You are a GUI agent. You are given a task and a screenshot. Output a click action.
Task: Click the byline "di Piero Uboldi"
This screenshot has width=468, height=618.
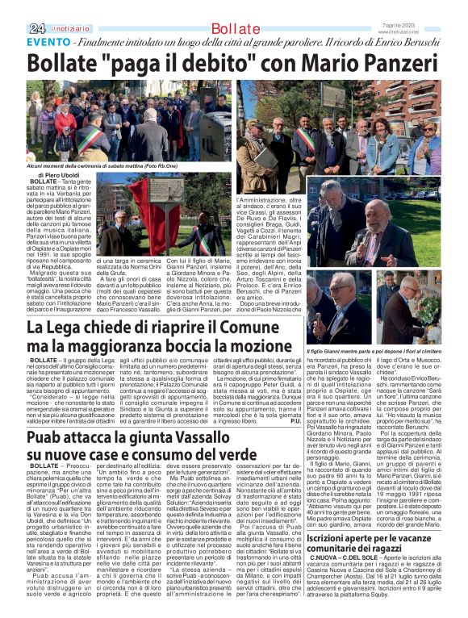(x=56, y=174)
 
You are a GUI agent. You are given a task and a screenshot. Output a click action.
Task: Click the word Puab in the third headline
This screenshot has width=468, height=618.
(x=46, y=437)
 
